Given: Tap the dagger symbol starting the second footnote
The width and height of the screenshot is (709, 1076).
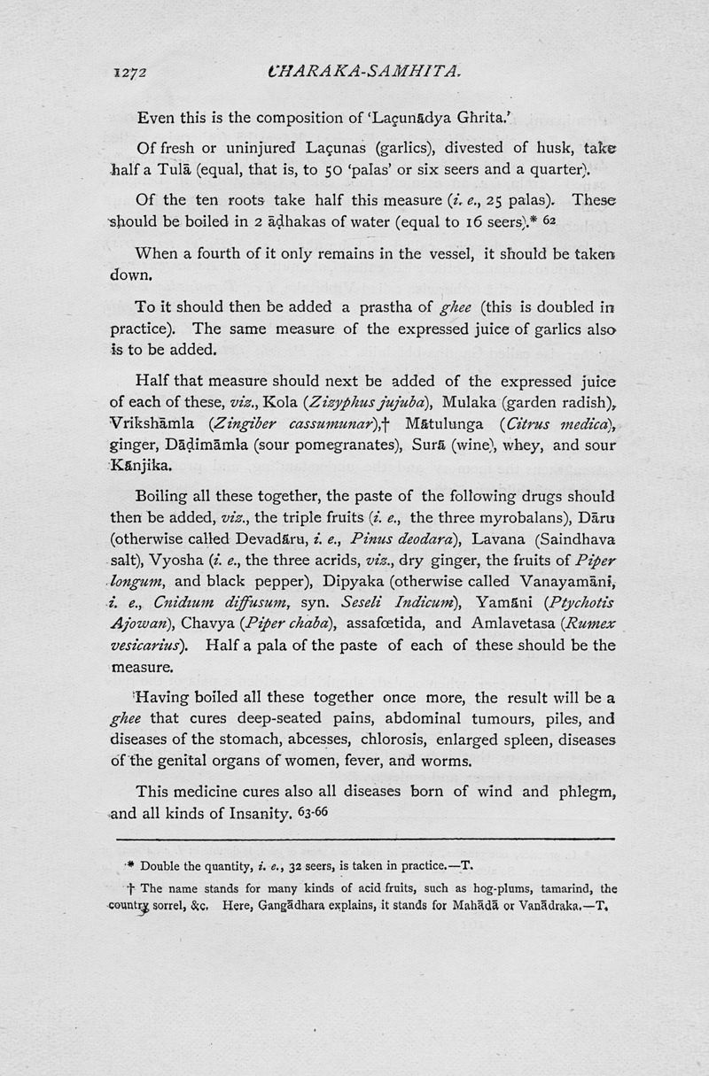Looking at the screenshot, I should click(x=133, y=887).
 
